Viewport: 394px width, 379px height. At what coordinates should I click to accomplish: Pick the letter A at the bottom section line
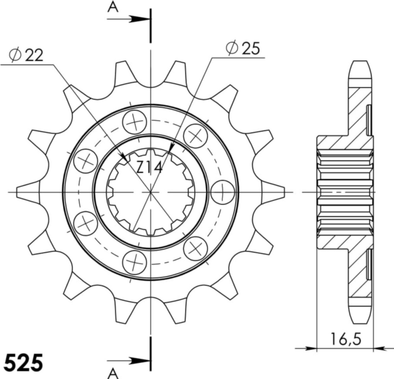coord(113,372)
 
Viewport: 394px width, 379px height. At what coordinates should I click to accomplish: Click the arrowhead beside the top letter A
coord(140,19)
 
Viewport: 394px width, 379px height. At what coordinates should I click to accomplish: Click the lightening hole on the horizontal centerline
coord(223,192)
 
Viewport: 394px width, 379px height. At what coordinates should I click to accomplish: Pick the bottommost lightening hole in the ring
coord(135,261)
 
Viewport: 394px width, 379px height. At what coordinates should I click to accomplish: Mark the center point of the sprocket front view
coord(150,192)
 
